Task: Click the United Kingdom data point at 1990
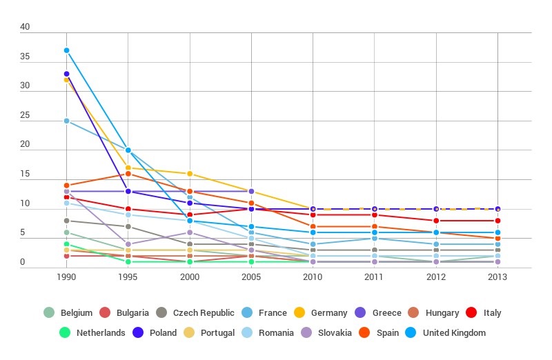click(x=67, y=50)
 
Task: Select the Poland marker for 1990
click(x=67, y=74)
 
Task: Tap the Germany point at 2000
click(x=190, y=174)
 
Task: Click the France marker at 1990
click(x=67, y=121)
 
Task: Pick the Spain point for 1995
click(x=128, y=174)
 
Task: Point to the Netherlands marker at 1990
click(x=67, y=244)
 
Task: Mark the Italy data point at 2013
click(x=497, y=221)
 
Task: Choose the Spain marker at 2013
click(x=497, y=238)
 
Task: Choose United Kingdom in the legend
click(x=448, y=332)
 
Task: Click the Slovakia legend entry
click(x=327, y=332)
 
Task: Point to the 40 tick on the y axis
click(x=25, y=27)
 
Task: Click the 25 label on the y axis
click(x=25, y=115)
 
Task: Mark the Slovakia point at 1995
click(x=128, y=244)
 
